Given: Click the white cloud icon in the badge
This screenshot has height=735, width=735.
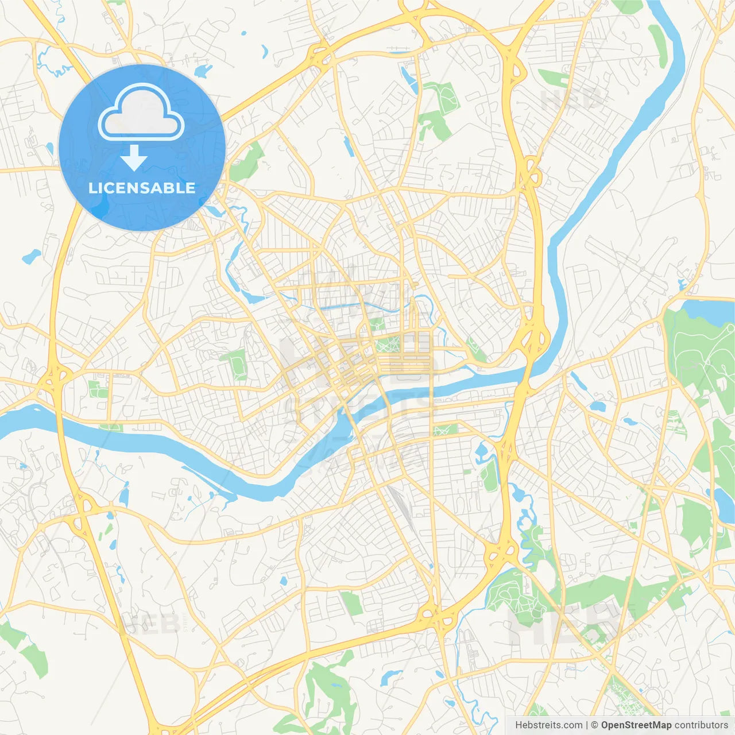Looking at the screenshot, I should [x=141, y=113].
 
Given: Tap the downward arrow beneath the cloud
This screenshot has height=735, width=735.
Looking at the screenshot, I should [x=134, y=158].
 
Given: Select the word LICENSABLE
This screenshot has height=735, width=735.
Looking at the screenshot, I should [x=142, y=188].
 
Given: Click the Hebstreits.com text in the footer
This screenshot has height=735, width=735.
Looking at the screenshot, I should [x=548, y=725].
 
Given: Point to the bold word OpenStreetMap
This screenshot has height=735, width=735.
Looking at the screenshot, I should [x=636, y=725].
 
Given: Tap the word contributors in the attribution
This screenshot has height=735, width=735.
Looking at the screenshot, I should [x=701, y=725].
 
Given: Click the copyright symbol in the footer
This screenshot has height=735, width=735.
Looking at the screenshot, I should [x=594, y=725].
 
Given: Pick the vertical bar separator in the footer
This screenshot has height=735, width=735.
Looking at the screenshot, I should [x=587, y=725].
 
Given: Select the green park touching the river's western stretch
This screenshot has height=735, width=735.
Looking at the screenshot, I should [x=110, y=427].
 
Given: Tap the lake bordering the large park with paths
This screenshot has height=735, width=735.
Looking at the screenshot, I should [x=709, y=308].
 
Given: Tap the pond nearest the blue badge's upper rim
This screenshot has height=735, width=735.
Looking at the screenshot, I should [x=202, y=71].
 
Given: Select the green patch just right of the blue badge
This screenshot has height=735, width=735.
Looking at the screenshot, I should [x=247, y=161].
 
